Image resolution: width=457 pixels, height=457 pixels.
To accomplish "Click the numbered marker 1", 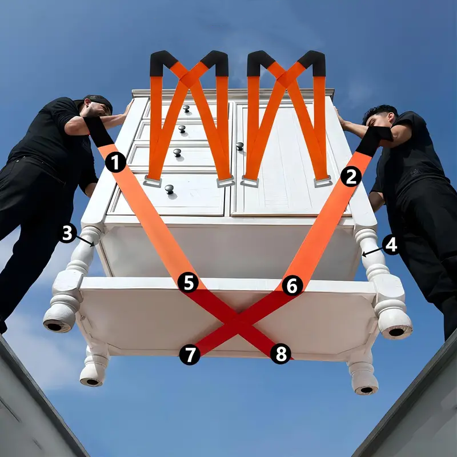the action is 116,162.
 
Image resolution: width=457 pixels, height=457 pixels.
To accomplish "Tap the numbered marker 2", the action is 351,177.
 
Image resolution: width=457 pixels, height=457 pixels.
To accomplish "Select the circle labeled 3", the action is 67,233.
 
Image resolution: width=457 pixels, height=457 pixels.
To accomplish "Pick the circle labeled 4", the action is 391,245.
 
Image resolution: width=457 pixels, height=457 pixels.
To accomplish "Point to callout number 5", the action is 188,282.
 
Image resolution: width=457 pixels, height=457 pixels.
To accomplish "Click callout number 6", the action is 292,286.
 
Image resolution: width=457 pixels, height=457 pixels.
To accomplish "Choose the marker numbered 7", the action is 190,354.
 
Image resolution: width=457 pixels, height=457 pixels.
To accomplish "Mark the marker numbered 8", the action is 280,354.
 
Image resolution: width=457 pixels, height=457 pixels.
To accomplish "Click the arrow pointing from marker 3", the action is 85,241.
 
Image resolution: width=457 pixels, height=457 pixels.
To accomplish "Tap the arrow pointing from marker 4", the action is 372,252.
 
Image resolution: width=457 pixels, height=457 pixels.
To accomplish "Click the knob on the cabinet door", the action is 239,146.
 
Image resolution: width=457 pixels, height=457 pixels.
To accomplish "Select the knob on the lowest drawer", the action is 169,190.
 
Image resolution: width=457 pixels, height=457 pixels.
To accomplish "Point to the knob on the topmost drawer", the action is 186,109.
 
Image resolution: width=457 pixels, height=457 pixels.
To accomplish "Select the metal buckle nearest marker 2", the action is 323,182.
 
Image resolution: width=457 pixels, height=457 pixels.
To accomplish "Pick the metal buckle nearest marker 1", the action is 153,182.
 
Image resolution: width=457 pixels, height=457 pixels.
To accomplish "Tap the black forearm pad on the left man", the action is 98,132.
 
